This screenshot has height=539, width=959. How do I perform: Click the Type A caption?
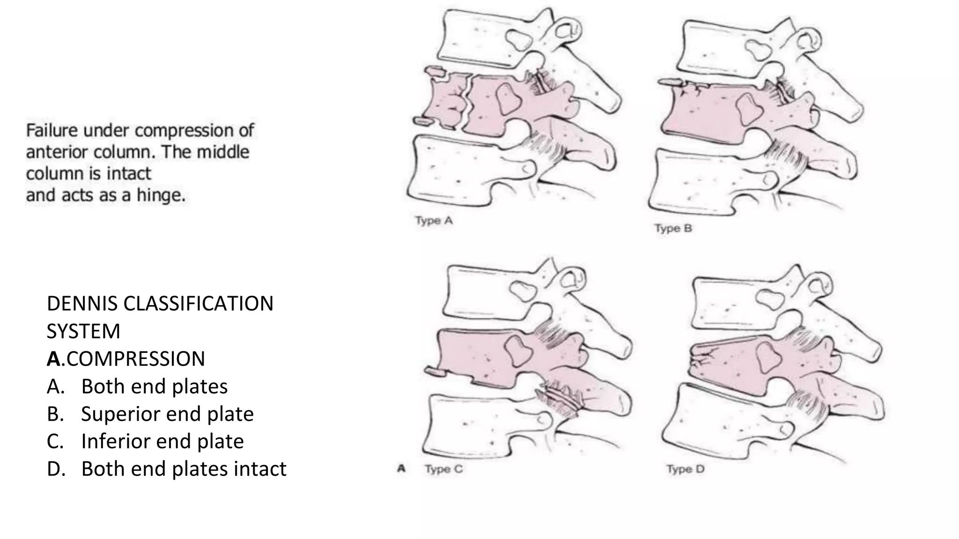point(434,220)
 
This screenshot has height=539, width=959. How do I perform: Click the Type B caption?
point(673,228)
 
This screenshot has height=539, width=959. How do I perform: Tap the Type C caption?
point(443,469)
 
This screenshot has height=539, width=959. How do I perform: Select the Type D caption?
point(685,469)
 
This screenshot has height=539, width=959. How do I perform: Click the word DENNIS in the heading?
point(82,304)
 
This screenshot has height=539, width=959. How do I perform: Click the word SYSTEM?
point(83,331)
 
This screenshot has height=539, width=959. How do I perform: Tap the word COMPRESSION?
point(136,359)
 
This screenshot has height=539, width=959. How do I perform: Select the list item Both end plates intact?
point(184,469)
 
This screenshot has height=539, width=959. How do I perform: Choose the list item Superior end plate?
point(167,414)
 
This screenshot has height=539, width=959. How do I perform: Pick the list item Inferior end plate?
point(162,441)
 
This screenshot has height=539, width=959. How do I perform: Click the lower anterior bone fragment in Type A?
point(423,122)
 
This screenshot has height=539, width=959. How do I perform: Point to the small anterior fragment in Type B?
point(670,83)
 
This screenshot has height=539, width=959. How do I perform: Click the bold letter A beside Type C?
point(401,468)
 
